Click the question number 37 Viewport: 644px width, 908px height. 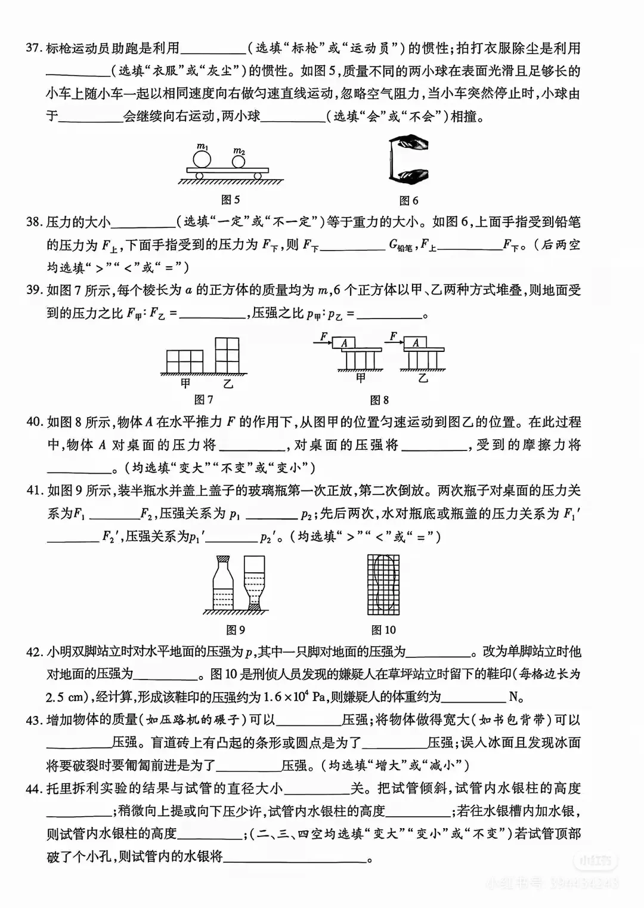33,49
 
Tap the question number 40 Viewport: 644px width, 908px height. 35,422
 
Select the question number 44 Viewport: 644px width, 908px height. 35,789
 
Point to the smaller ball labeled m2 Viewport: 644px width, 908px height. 239,161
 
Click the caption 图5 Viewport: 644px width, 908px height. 230,200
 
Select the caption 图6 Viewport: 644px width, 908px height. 408,200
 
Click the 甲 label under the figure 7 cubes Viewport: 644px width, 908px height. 186,384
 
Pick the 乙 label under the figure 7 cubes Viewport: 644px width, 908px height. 228,384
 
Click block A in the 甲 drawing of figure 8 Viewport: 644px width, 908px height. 344,343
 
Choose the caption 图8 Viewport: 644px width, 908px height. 379,400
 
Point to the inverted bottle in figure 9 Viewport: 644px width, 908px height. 255,582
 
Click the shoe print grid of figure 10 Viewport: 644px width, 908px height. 383,585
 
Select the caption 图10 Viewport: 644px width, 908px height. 383,630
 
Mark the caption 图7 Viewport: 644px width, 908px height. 204,400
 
